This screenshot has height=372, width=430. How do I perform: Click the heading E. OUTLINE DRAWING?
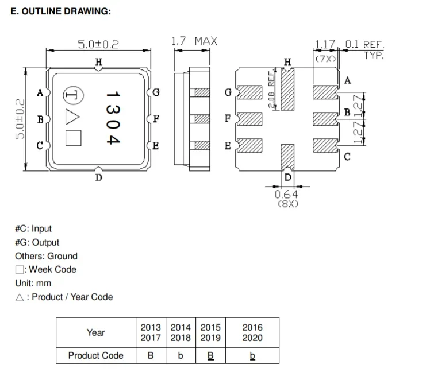61,12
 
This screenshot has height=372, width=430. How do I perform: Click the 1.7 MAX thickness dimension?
194,41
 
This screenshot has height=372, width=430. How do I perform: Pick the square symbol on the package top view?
74,138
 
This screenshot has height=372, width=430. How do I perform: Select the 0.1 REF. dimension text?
364,44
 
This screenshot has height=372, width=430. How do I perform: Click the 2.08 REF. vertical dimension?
273,89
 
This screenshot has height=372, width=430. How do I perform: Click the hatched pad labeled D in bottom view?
287,156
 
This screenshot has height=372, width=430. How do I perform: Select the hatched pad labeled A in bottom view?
324,92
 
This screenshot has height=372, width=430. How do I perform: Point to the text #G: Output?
37,242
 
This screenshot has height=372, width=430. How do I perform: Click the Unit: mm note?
33,283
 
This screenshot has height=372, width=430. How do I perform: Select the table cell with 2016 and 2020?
252,332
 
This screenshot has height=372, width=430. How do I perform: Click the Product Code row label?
95,355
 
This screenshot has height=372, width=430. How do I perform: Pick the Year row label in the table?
95,332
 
